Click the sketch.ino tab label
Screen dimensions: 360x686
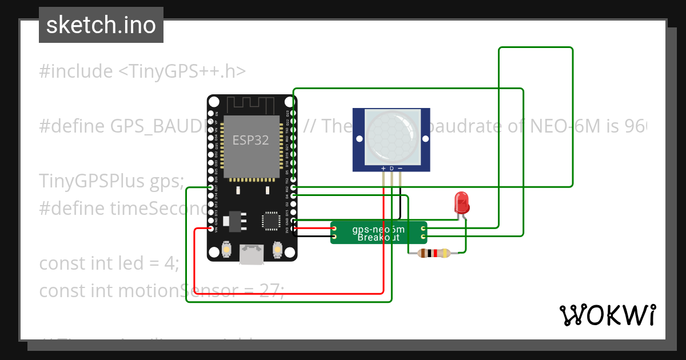pos(101,26)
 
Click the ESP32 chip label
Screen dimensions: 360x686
pos(250,141)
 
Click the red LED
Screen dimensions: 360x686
pos(461,203)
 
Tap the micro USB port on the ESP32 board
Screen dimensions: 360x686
pos(252,255)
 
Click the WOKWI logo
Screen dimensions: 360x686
pos(607,315)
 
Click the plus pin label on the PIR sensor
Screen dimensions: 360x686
pos(384,169)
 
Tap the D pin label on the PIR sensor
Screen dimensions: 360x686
pos(392,169)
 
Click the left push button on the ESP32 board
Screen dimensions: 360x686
pos(226,249)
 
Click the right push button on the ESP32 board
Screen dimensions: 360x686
pos(278,249)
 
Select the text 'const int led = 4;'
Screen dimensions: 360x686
pos(109,264)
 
